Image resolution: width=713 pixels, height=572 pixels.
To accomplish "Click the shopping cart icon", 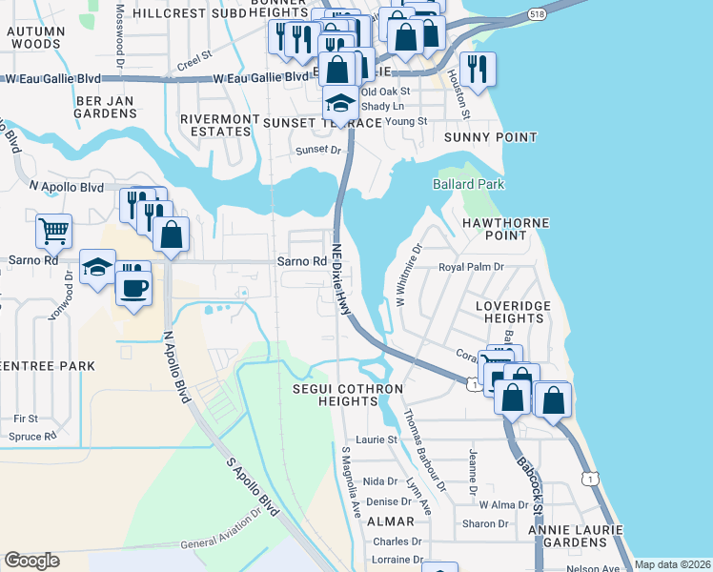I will coord(54,230).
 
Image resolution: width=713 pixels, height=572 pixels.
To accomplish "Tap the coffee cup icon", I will coord(133,286).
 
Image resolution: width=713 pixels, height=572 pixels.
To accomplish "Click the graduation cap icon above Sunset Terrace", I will coord(339,102).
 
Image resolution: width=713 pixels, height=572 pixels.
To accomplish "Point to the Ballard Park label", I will coord(468,184).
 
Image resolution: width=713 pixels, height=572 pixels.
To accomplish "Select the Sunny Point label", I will coord(491,137).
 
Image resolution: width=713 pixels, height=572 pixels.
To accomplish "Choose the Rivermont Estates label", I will coord(220,125).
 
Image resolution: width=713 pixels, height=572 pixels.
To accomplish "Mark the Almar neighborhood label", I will coord(390,521).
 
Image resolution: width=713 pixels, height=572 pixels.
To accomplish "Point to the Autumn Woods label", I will coord(34,37).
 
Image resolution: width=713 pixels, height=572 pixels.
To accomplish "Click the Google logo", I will coord(31,561).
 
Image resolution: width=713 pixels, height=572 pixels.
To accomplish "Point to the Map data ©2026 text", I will coord(672,564).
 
